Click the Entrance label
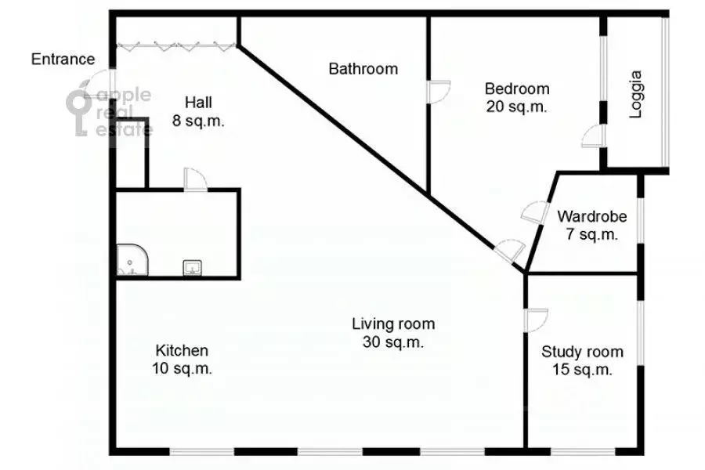63,60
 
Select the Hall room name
198,103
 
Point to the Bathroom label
363,69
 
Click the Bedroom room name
516,89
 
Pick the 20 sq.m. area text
516,107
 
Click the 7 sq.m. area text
591,234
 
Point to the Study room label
582,352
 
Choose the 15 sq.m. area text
582,370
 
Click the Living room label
393,324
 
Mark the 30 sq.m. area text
393,342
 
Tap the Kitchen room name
182,350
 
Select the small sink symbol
191,268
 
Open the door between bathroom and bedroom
439,91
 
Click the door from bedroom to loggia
595,136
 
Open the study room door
536,318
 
